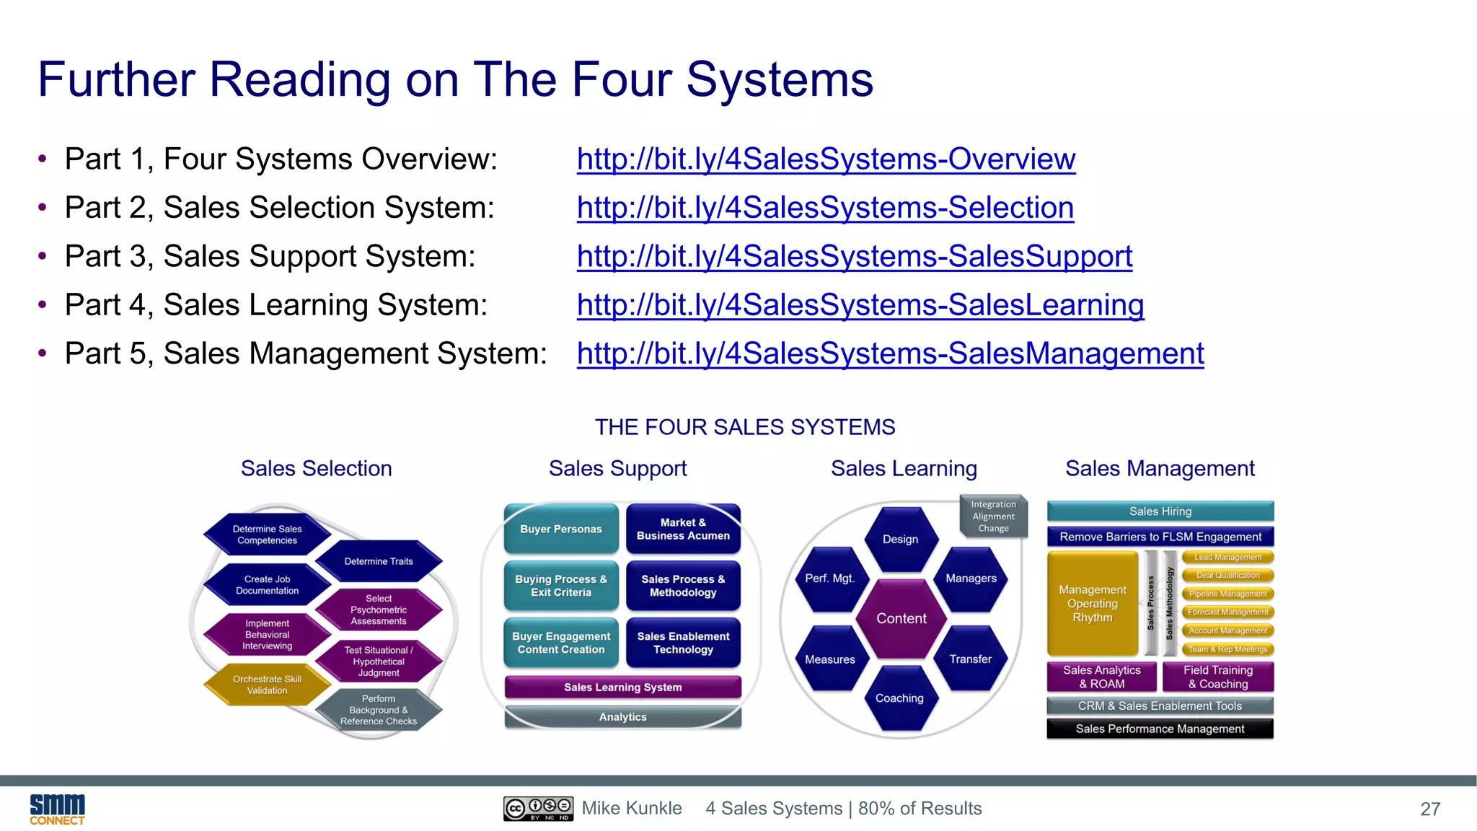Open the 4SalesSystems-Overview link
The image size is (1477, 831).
coord(826,159)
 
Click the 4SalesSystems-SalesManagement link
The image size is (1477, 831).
coord(890,353)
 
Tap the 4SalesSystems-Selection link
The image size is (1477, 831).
coord(825,208)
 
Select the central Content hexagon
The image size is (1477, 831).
coord(901,618)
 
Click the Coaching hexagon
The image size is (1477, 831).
coord(899,698)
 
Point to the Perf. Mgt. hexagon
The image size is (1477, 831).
coord(830,579)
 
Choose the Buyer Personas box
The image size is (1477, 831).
coord(561,529)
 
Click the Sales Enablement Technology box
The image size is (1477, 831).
coord(683,642)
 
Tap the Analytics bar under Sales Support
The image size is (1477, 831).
coord(623,717)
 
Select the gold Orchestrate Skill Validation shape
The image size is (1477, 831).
coord(267,685)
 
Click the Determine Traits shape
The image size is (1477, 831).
coord(379,561)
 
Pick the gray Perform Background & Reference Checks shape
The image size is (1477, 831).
coord(379,710)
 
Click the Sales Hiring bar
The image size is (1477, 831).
coord(1160,511)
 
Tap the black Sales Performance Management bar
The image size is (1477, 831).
coord(1160,729)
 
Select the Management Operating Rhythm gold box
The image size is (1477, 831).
coord(1093,604)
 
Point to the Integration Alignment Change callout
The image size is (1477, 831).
coord(993,516)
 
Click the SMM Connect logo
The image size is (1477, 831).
coord(57,809)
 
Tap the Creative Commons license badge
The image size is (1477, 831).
coord(538,809)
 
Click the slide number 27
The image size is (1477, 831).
coord(1430,809)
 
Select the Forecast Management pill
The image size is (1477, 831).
coord(1227,612)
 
